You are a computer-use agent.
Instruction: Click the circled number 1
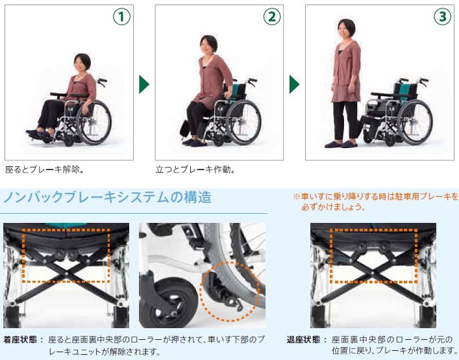click(x=122, y=17)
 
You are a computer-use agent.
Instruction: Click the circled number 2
click(x=272, y=17)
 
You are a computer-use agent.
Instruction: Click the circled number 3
click(x=442, y=17)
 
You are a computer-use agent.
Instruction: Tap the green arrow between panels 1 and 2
click(x=144, y=84)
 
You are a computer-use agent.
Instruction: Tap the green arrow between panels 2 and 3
click(x=295, y=84)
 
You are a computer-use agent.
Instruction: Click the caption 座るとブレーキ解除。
click(x=45, y=170)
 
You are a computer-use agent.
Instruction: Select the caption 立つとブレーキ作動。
click(x=195, y=170)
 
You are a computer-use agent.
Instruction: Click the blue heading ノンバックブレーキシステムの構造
click(x=107, y=197)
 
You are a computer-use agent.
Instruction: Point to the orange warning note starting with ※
click(x=375, y=201)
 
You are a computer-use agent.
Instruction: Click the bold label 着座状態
click(x=20, y=340)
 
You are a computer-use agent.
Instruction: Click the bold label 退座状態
click(x=303, y=340)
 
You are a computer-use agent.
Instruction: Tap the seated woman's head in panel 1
click(x=82, y=62)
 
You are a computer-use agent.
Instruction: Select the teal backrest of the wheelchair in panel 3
click(x=404, y=92)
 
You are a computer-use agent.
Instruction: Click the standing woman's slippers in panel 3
click(x=341, y=144)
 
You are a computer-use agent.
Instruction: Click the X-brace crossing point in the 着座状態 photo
click(x=66, y=273)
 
